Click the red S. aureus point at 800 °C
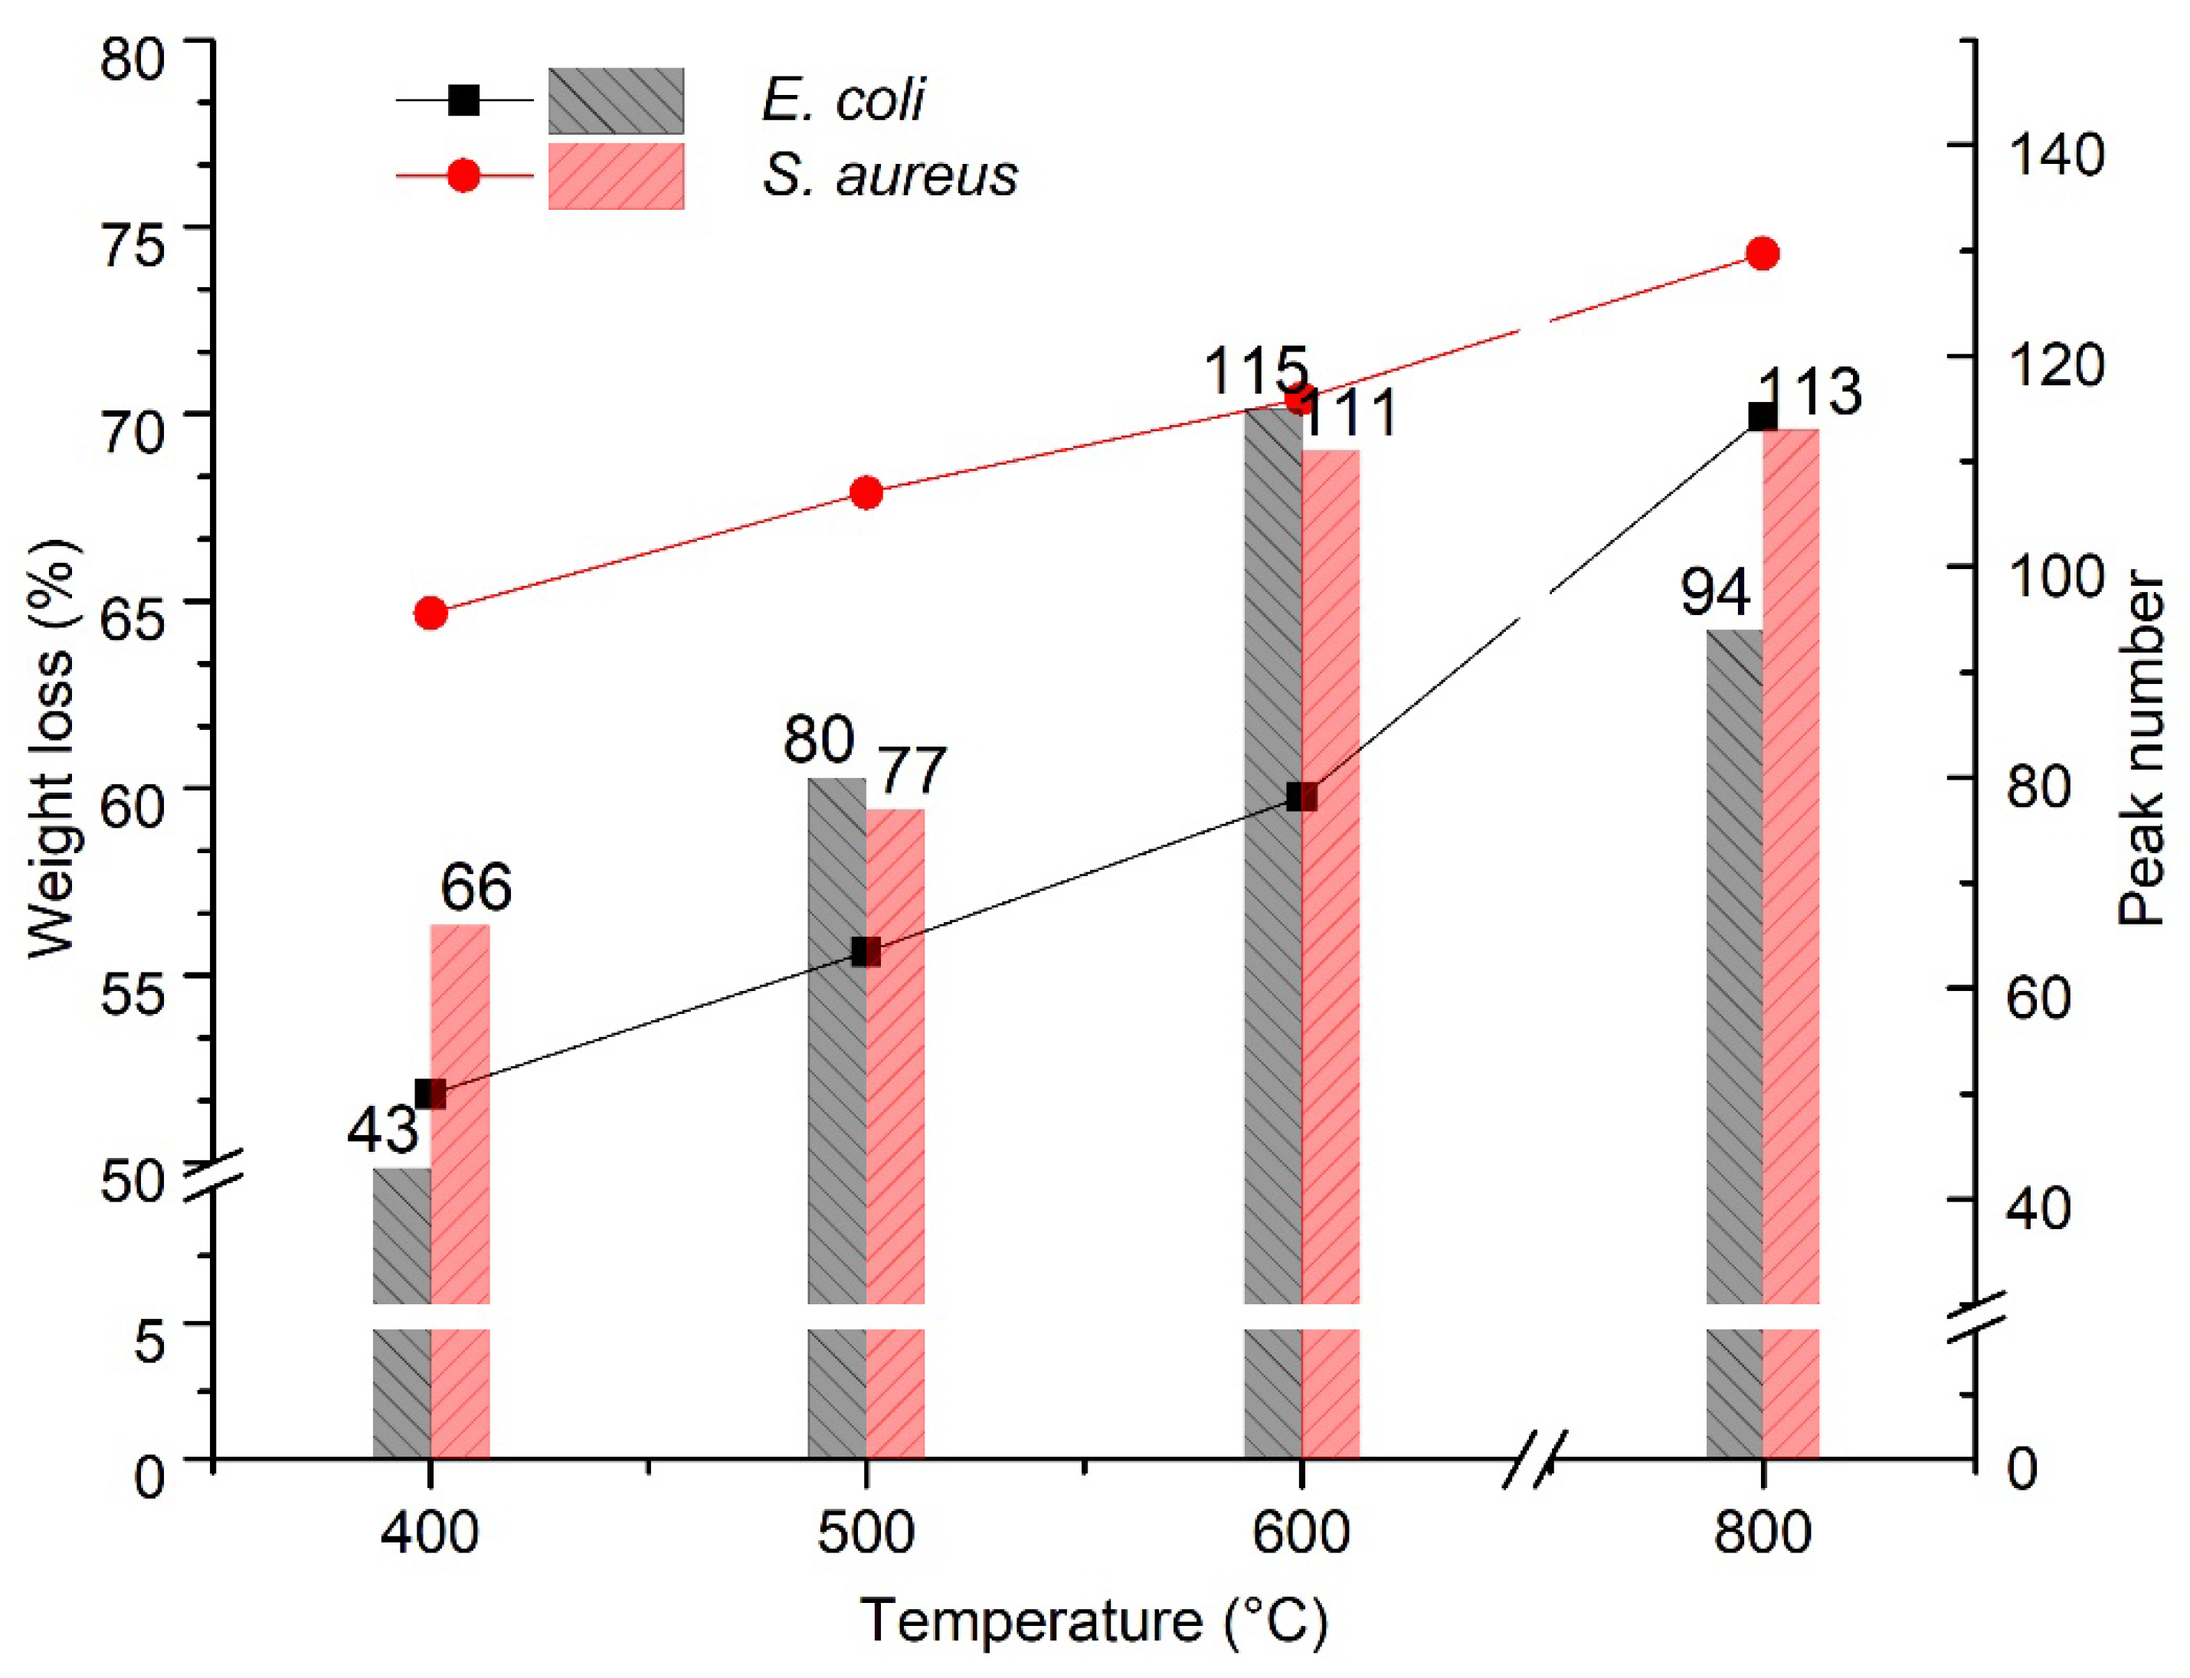(x=1763, y=253)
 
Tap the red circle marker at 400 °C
(x=430, y=613)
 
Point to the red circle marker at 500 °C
(x=866, y=492)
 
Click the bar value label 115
(x=1255, y=371)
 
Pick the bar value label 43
(x=383, y=1130)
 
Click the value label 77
(x=912, y=770)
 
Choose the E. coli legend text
(x=843, y=100)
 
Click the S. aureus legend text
(x=889, y=176)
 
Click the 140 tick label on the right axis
(x=2055, y=155)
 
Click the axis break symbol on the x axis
(x=1534, y=1460)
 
